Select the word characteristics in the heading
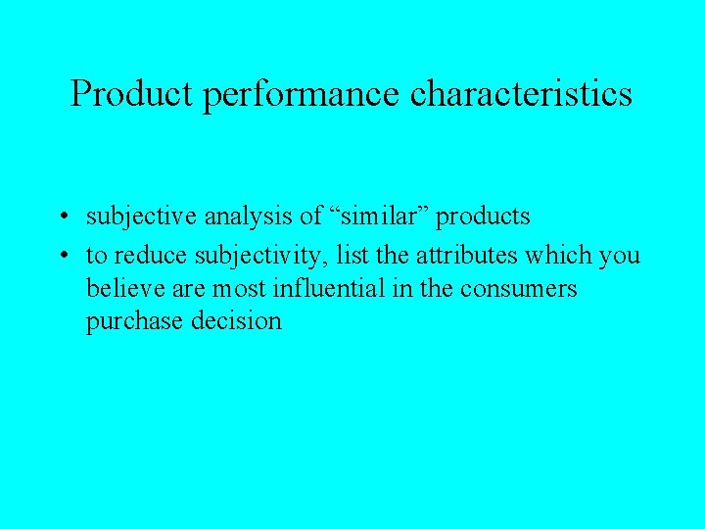click(522, 94)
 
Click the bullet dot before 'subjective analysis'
click(62, 216)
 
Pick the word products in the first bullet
click(484, 216)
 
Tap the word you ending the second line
click(619, 257)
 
